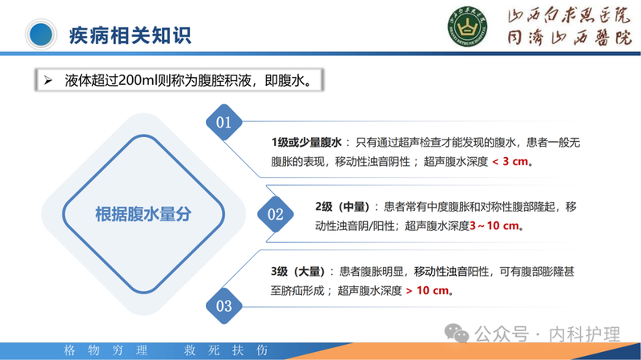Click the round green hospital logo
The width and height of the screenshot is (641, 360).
[x=465, y=31]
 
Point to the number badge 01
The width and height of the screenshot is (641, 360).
[x=224, y=122]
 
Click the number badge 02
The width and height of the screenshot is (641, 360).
[x=275, y=214]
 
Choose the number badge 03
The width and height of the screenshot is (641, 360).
[x=224, y=305]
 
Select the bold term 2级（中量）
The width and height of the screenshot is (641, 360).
[x=349, y=207]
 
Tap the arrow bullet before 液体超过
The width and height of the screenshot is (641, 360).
[x=48, y=81]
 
